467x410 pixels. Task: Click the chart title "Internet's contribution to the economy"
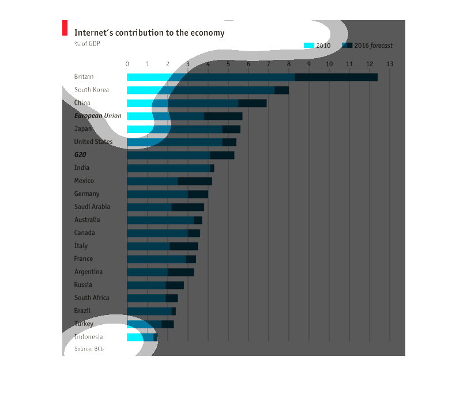[x=149, y=33]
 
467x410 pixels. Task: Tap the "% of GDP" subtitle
[x=86, y=44]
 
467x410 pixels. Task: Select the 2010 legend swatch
[x=308, y=45]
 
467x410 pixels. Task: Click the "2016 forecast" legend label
[x=373, y=45]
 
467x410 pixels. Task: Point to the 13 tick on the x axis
[x=390, y=64]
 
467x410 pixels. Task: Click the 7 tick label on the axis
[x=268, y=64]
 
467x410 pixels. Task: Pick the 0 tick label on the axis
[x=127, y=64]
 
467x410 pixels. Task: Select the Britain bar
[x=252, y=77]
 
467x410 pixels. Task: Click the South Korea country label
[x=91, y=90]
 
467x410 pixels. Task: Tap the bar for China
[x=197, y=103]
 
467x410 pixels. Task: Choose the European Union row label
[x=97, y=116]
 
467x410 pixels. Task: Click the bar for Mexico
[x=170, y=181]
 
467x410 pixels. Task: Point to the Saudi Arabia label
[x=92, y=207]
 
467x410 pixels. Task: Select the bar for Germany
[x=167, y=194]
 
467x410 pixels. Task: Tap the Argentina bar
[x=160, y=272]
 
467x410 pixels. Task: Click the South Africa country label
[x=91, y=298]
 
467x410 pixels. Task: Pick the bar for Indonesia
[x=142, y=337]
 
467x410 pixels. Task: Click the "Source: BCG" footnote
[x=89, y=349]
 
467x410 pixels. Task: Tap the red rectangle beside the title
[x=65, y=28]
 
